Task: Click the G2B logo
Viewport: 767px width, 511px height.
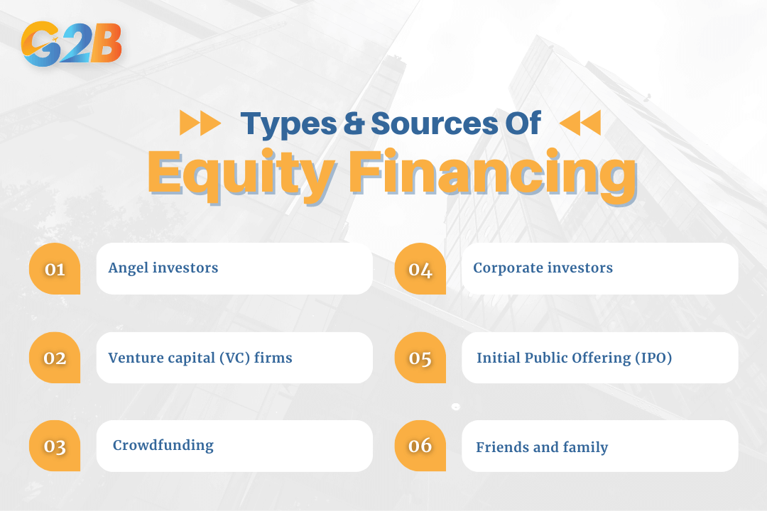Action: pos(72,43)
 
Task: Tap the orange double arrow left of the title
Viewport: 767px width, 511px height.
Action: pos(200,123)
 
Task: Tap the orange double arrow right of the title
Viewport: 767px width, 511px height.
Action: pos(580,123)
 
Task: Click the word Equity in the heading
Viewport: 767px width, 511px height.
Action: pos(241,175)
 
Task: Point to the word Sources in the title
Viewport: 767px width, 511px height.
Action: pos(434,123)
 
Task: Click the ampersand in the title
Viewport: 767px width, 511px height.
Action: pos(354,123)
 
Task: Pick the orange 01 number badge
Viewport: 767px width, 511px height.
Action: pos(55,268)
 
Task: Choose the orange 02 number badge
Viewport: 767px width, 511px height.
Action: pos(55,358)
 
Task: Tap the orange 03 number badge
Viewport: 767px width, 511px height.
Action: pos(55,446)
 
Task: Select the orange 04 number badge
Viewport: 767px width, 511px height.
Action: pos(420,268)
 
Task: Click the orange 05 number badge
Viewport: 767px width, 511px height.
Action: pos(420,358)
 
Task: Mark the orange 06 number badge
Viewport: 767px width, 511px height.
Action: pos(420,446)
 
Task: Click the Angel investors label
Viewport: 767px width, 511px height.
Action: pos(163,268)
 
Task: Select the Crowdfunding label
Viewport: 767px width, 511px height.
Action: pos(163,446)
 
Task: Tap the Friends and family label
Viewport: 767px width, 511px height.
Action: pos(542,447)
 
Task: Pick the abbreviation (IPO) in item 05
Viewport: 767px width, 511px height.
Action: pos(653,358)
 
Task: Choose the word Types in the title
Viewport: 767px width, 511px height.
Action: pos(288,124)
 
